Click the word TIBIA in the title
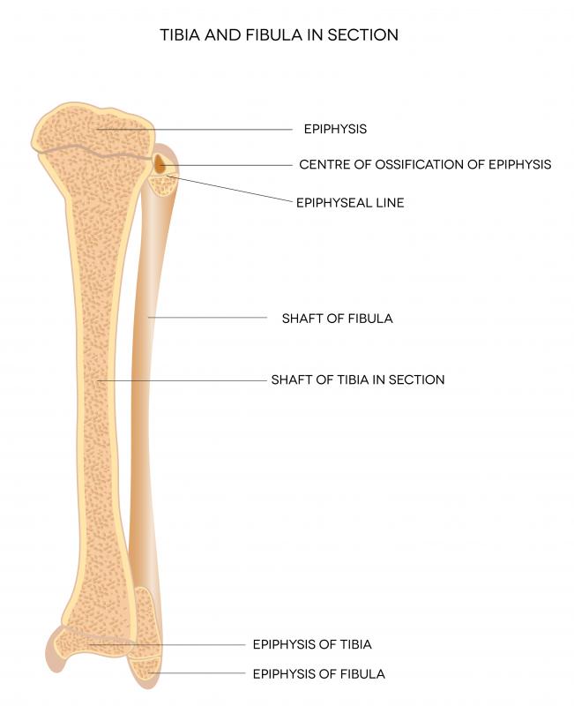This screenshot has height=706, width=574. coord(180,35)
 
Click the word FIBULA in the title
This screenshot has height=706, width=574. coord(274,35)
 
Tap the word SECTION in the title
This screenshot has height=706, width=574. coord(362,35)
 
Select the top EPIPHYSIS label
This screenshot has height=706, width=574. coord(336,129)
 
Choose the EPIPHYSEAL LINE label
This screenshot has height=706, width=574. coord(350,203)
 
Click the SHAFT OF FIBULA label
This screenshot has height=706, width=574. coord(338,319)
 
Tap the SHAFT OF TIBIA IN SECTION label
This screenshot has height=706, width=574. coord(358,379)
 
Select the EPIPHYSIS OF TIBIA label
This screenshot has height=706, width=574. coord(312,644)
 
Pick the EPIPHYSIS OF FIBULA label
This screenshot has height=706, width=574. coord(319,674)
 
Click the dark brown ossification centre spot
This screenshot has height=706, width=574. coord(160,164)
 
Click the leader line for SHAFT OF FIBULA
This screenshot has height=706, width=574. coord(207,318)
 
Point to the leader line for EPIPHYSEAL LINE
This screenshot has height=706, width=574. coord(229,189)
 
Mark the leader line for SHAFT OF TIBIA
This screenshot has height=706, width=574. coord(183,381)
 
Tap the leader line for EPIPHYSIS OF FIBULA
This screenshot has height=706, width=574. coord(197,673)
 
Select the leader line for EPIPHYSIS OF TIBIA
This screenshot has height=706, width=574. coord(167,645)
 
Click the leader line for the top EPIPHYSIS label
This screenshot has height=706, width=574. coord(194,129)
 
